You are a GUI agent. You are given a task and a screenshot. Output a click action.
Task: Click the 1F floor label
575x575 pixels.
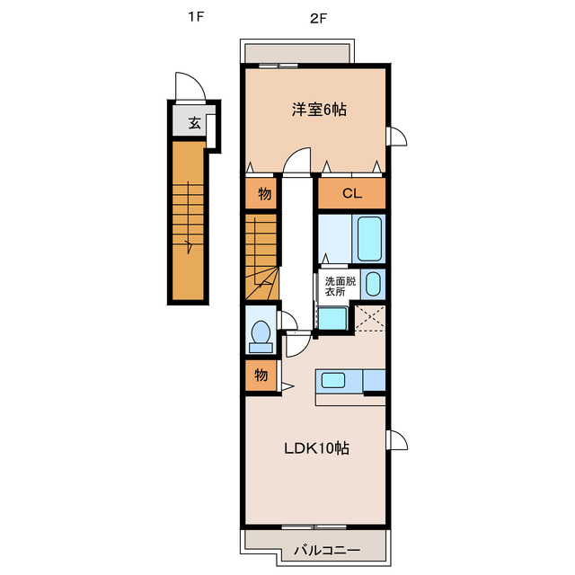coord(193,16)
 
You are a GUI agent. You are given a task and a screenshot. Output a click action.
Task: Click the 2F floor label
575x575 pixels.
coord(317,16)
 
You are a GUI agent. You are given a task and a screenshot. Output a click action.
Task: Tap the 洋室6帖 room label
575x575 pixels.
coord(318,110)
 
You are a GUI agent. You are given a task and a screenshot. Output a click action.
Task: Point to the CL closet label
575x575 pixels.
coord(351,193)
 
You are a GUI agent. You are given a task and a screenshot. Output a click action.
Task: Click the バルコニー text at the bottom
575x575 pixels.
coord(326,550)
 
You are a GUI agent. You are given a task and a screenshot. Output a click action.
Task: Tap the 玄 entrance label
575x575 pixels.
coord(193,124)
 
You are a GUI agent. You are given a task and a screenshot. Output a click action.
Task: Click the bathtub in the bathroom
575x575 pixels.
coord(369,237)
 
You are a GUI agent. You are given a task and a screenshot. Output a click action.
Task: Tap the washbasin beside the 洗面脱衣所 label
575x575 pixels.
coord(374,284)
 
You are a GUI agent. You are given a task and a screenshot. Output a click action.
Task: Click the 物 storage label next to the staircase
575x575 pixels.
coord(264,193)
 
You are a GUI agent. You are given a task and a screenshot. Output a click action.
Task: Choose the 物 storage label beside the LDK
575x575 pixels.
coord(260,376)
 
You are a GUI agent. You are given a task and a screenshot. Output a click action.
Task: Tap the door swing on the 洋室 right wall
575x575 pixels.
coord(397,137)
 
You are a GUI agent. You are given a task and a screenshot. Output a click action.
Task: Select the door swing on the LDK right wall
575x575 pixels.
coord(397,440)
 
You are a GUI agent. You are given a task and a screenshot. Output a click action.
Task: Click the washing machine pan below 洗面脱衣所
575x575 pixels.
coord(332,318)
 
